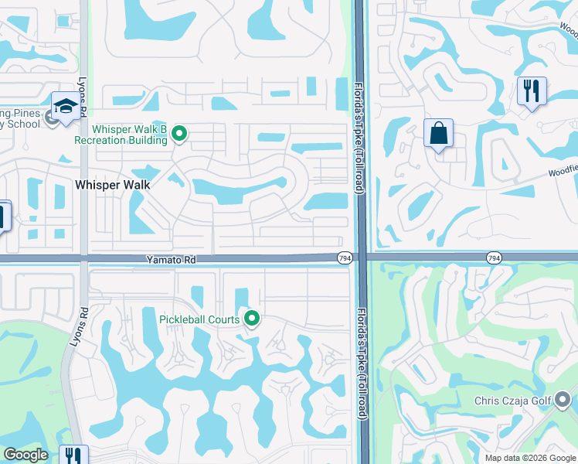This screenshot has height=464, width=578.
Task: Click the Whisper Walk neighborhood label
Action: coord(113,185)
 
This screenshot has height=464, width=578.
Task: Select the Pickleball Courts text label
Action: coord(200,319)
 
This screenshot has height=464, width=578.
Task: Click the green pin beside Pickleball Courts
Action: coord(251,318)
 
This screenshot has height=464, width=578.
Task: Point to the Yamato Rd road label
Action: coord(169,261)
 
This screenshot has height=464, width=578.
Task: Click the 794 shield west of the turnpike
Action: coord(345,258)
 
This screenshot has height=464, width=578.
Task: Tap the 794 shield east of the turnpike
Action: coord(494,257)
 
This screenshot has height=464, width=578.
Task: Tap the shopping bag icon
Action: coord(438,133)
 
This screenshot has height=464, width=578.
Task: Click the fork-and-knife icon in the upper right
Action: coord(532,91)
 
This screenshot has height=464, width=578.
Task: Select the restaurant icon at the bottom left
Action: coord(73,455)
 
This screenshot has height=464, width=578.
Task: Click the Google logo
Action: coord(25,455)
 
